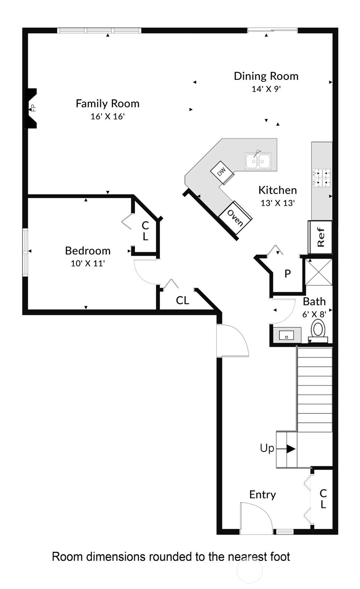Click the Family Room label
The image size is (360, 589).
[x=108, y=104]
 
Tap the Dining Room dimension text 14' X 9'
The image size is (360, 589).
[x=266, y=89]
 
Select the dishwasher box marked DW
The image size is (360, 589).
[x=222, y=172]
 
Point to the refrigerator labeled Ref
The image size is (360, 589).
[x=320, y=237]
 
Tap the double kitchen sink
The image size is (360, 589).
[x=258, y=161]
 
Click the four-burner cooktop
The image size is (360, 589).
[x=322, y=178]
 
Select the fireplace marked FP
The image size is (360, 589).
[x=31, y=108]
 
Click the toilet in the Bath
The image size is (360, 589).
[x=318, y=331]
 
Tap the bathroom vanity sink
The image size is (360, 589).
[x=287, y=335]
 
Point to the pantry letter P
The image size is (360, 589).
[x=288, y=274]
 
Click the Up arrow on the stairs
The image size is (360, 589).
[x=286, y=449]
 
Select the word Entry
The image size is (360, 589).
[x=263, y=495]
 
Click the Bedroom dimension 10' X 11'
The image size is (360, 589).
[x=88, y=263]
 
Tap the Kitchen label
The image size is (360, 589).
[x=277, y=190]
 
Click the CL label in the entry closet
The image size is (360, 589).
[x=323, y=499]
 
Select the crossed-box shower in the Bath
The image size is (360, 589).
[x=319, y=272]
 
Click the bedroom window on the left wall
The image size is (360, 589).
[x=25, y=252]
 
